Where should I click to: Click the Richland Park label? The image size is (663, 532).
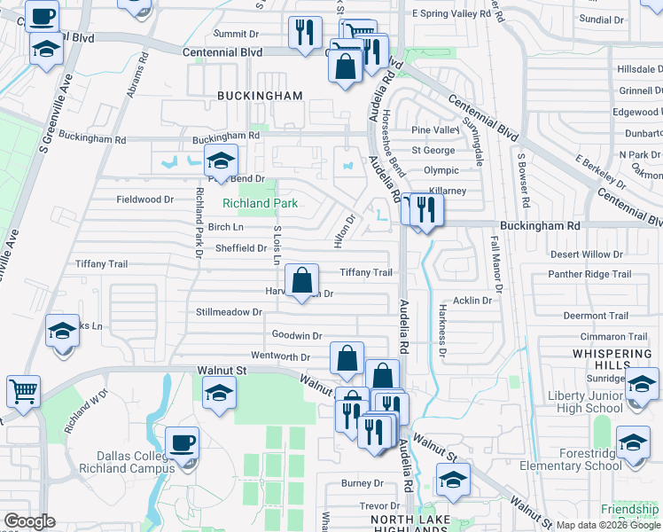(x=259, y=203)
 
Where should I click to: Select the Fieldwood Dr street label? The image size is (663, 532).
(x=145, y=199)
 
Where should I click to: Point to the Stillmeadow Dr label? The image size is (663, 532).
(x=230, y=312)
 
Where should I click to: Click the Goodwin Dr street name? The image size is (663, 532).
(x=296, y=335)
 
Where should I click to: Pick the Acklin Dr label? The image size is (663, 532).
(x=472, y=301)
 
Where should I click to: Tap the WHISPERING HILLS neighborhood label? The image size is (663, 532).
(x=611, y=360)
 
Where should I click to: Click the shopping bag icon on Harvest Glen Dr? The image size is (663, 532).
(x=301, y=280)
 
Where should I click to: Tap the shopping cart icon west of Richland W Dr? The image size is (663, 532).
(x=23, y=390)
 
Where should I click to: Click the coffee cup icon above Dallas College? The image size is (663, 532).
(x=182, y=442)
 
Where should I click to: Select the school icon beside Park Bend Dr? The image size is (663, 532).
(x=221, y=160)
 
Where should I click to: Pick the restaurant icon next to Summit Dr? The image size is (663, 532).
(x=304, y=34)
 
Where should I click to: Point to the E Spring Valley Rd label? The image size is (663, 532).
(x=452, y=15)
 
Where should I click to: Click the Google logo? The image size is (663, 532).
(x=30, y=521)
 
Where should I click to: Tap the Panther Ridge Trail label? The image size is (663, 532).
(x=579, y=275)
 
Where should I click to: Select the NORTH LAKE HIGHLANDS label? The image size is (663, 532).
(x=409, y=524)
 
